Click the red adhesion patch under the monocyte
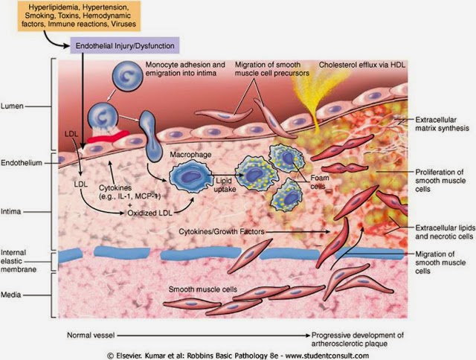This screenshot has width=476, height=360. pos(108,135)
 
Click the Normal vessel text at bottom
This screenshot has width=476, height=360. pos(97,335)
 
